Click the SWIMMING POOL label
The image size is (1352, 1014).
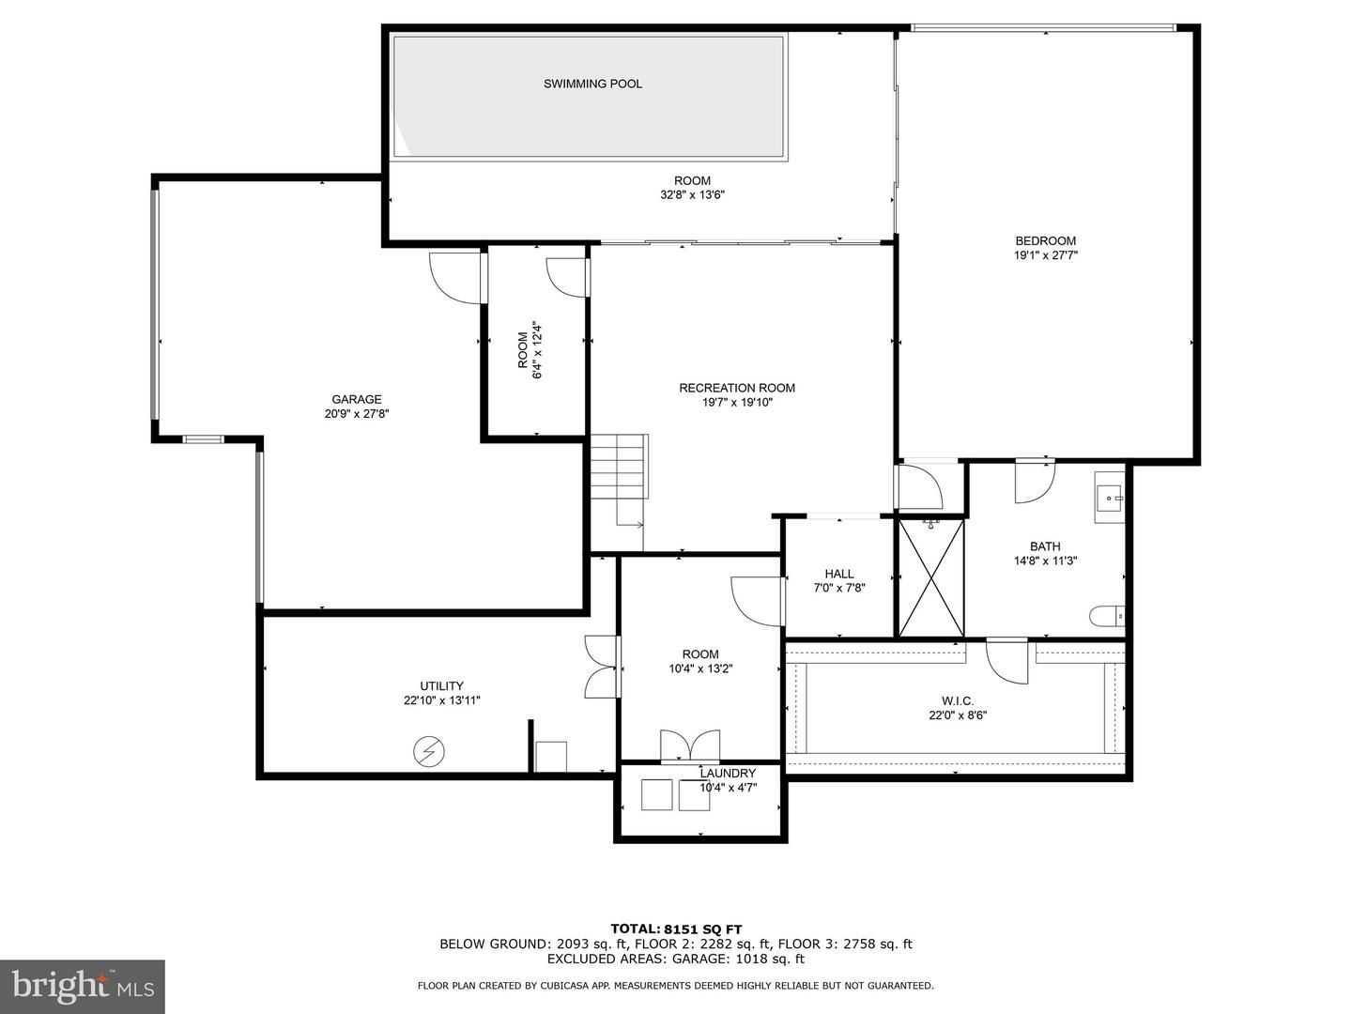[x=592, y=84]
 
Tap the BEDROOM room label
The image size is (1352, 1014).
[x=1045, y=240]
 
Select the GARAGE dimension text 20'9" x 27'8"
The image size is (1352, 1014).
[x=356, y=413]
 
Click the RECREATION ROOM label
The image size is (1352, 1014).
[x=737, y=388]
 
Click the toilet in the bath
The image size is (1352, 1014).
[x=1106, y=616]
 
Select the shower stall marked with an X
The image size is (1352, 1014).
[x=931, y=578]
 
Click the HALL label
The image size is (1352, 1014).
[x=839, y=574]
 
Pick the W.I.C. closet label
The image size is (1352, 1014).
[x=958, y=700]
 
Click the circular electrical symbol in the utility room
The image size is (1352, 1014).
[x=430, y=751]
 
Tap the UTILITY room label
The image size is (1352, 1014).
[x=441, y=685]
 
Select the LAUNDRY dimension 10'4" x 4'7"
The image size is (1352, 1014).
[x=728, y=788]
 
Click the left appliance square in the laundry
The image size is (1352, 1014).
[x=656, y=794]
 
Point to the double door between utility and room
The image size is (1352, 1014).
[x=601, y=667]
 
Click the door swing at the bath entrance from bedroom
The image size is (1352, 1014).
[x=1034, y=480]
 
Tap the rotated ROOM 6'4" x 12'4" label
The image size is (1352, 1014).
[x=530, y=350]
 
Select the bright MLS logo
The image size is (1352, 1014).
[x=82, y=986]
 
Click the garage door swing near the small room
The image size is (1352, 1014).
[x=455, y=278]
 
